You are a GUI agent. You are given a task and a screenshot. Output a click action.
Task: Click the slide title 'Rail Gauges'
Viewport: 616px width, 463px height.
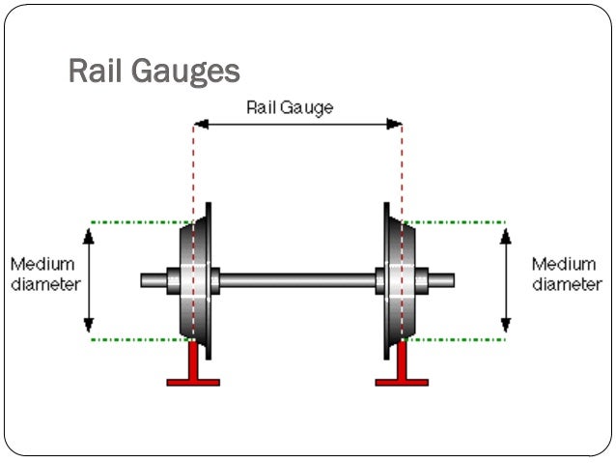[154, 72]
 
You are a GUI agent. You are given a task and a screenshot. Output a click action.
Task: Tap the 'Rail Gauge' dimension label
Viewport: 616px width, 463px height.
[290, 107]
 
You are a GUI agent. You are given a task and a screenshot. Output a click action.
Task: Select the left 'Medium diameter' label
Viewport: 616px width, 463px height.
[42, 274]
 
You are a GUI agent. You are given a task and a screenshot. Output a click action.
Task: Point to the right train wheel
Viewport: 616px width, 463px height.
[400, 280]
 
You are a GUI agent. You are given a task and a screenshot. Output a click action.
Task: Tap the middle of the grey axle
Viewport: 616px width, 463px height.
[297, 281]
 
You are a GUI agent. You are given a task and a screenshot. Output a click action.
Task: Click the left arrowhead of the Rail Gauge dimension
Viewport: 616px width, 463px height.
[200, 124]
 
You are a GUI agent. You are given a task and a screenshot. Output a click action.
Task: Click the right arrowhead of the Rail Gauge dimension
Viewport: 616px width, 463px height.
[395, 124]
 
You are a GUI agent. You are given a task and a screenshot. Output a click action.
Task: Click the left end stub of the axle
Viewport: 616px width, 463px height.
[153, 281]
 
